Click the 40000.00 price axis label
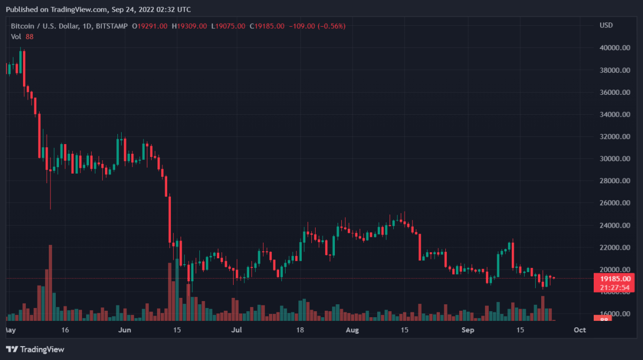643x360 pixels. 614,48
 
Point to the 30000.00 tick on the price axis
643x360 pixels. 614,159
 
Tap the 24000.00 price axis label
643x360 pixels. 614,226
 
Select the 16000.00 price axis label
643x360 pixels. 614,314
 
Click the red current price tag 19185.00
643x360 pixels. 615,279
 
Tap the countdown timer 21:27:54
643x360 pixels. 615,287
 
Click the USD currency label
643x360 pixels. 606,26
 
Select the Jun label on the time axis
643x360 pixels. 124,330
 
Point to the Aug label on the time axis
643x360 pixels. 352,330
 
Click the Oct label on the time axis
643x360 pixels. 579,330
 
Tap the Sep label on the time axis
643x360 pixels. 468,330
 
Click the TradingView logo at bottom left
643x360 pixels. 35,349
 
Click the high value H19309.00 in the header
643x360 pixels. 190,26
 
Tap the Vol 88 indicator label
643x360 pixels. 22,36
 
